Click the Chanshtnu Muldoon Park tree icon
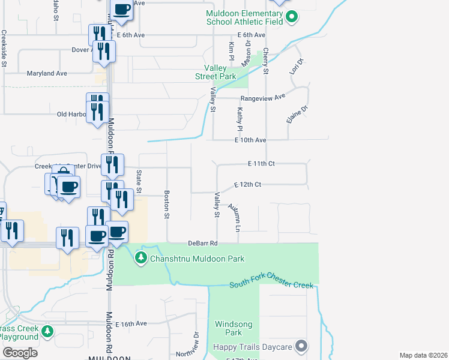141,258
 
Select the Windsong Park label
229,328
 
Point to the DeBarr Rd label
202,243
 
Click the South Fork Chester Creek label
271,285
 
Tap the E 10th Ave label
250,140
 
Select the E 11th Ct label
261,163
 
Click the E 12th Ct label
247,184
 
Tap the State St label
139,181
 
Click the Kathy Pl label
240,119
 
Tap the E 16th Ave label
131,323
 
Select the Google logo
19,353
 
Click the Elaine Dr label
297,114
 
